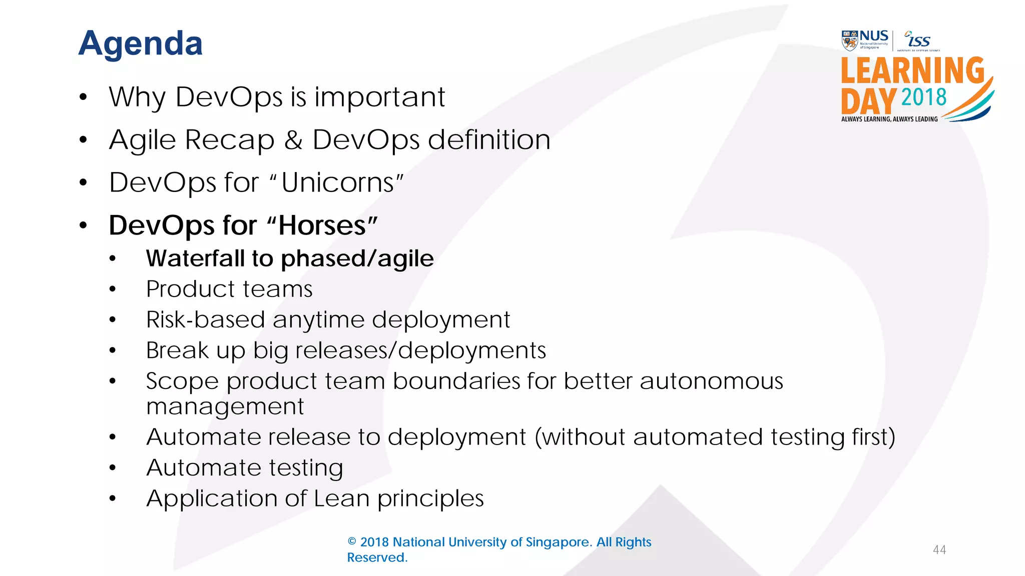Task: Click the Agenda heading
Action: (141, 43)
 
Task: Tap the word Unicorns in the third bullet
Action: (338, 182)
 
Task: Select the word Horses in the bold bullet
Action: (322, 225)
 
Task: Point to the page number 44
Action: (939, 550)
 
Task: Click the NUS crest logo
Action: (849, 40)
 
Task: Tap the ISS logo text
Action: (919, 40)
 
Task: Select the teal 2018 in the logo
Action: (923, 97)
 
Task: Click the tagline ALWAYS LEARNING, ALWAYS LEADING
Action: (889, 119)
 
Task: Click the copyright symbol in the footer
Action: (352, 542)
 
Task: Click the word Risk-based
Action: (205, 320)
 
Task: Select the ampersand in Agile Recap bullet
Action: (293, 140)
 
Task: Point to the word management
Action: (225, 406)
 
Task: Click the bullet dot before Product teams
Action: (113, 289)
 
